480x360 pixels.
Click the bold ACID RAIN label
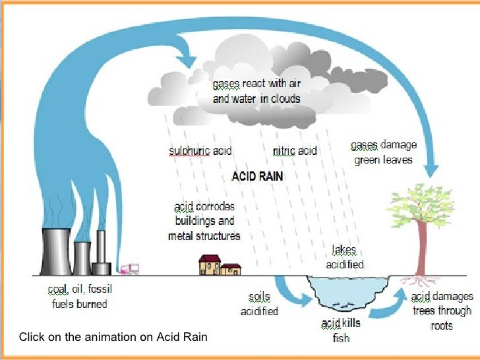tap(257, 177)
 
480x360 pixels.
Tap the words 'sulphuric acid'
tap(200, 151)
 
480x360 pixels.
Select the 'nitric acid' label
tap(295, 151)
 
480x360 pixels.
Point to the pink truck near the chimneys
tap(129, 269)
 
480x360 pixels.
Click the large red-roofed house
tap(210, 265)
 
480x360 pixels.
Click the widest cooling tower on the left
tap(57, 251)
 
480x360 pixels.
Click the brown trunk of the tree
tap(419, 251)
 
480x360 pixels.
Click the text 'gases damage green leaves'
tap(383, 152)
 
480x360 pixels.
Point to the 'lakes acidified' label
tap(345, 258)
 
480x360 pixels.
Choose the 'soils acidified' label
tap(259, 304)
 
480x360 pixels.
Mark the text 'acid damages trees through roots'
tap(441, 311)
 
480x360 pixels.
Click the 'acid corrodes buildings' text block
tap(204, 221)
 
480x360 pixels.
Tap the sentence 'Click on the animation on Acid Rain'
tap(113, 337)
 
